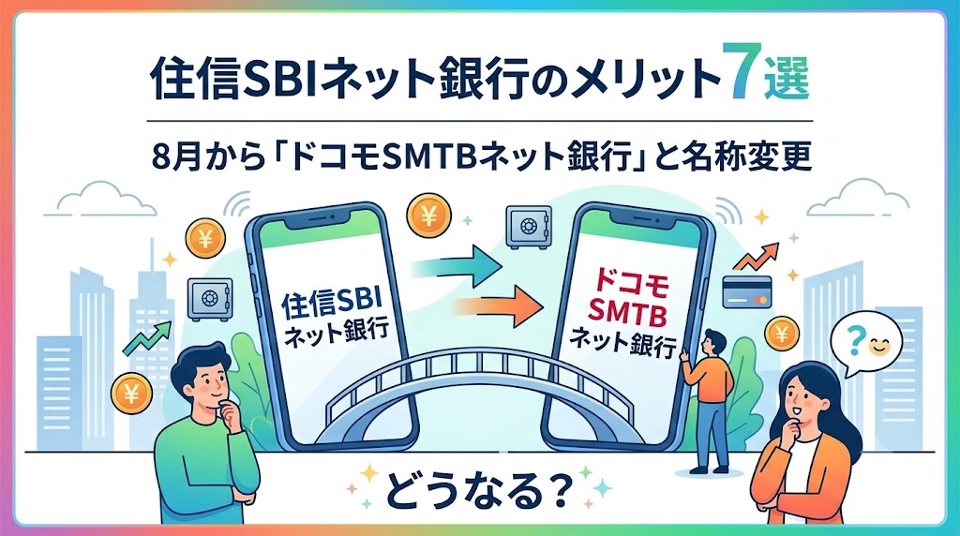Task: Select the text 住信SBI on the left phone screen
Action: click(331, 303)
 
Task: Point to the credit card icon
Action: click(746, 291)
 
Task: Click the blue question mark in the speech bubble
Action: click(857, 337)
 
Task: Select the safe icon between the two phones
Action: click(529, 227)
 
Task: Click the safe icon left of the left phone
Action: click(210, 299)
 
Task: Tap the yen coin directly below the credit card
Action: click(782, 334)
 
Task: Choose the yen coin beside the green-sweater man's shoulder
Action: click(131, 393)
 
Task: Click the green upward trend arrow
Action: click(147, 339)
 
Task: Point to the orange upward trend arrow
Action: click(757, 257)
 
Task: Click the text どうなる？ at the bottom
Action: click(479, 487)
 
